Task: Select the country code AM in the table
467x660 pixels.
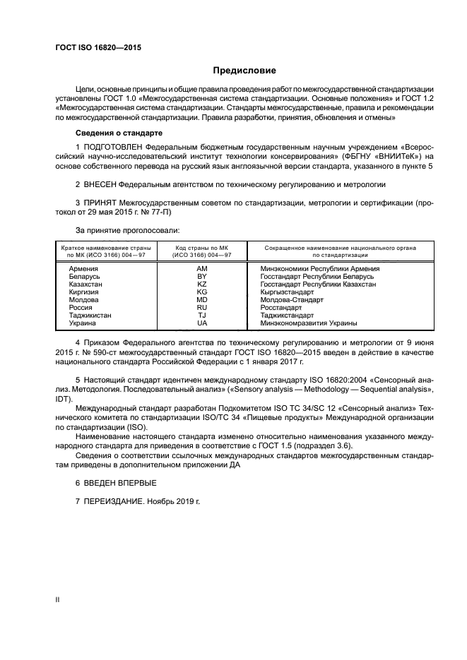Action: coord(202,269)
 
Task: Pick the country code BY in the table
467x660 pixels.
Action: coord(202,277)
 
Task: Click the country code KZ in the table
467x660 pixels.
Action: coord(202,284)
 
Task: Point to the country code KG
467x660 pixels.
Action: coord(202,292)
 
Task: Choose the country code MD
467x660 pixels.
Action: coord(202,300)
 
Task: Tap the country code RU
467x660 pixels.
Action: coord(202,308)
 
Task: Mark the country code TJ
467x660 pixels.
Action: coord(202,316)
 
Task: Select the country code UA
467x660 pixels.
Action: coord(202,323)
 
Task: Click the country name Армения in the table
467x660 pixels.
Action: coord(84,269)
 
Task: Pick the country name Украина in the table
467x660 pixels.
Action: coord(83,323)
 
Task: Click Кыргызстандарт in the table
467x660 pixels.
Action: coord(287,292)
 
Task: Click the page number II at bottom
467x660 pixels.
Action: coord(57,599)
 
